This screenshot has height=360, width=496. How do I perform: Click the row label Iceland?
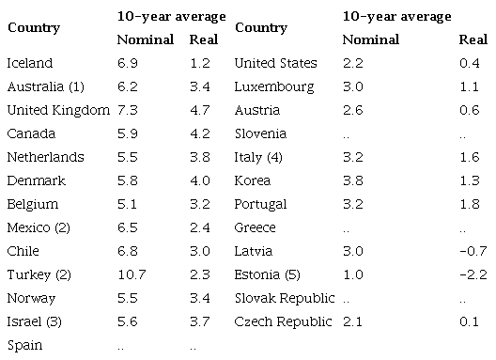click(x=29, y=63)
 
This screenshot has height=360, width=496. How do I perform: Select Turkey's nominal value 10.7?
click(x=132, y=274)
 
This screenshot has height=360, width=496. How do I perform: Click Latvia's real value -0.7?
click(x=473, y=251)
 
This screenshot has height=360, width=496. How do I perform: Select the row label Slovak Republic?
click(x=284, y=298)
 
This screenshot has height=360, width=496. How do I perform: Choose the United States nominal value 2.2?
click(x=352, y=63)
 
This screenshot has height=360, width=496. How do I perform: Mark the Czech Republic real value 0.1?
click(x=469, y=321)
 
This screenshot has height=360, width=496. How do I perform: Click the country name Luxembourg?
click(x=274, y=86)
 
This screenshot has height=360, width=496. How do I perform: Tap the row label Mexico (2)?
click(x=40, y=227)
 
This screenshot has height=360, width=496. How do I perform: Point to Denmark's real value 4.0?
click(x=199, y=180)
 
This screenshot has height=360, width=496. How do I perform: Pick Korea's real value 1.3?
click(x=469, y=180)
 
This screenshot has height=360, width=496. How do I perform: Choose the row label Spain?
click(x=24, y=345)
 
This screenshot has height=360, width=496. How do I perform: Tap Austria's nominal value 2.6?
click(x=352, y=110)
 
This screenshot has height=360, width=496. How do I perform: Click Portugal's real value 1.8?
click(x=469, y=204)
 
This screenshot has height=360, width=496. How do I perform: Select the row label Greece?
click(x=255, y=227)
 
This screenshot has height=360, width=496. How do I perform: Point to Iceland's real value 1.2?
click(x=199, y=63)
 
